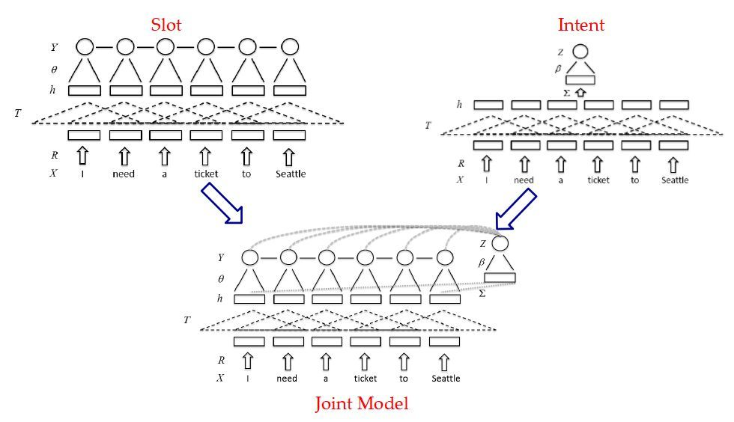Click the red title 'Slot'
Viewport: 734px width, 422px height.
coord(166,25)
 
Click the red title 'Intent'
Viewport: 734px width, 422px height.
coord(581,25)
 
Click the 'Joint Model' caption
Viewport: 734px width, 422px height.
coord(361,403)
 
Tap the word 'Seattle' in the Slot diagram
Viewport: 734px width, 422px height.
coord(291,174)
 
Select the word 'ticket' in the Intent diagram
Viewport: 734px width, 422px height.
coord(598,180)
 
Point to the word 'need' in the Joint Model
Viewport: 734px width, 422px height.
coord(286,378)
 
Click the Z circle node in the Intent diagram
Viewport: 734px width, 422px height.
coord(580,52)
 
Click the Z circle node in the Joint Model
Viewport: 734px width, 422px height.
coord(500,243)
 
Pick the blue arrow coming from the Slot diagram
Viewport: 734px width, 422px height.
coord(222,203)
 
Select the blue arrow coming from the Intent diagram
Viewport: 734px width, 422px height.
coord(516,209)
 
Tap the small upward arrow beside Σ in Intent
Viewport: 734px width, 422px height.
coord(580,93)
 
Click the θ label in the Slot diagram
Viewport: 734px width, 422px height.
coord(54,70)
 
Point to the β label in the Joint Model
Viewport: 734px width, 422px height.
coord(481,263)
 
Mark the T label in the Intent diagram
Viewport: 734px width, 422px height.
coord(428,126)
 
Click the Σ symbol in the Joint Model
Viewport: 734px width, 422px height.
coord(482,293)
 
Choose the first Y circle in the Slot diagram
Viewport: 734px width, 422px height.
coord(85,47)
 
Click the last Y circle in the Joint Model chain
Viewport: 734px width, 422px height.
coord(445,257)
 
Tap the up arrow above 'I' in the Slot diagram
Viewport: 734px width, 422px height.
coord(82,156)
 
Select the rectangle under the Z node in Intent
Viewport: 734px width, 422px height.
coord(580,79)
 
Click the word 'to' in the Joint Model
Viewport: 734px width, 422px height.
coord(404,378)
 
